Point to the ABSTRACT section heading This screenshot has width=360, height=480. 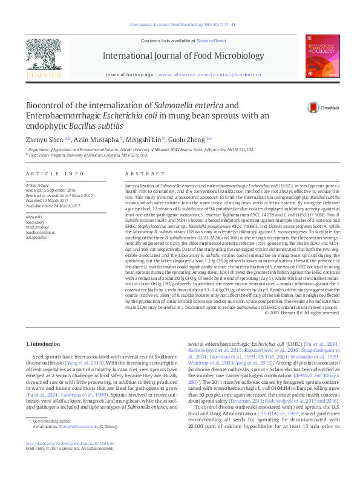tap(136, 173)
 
